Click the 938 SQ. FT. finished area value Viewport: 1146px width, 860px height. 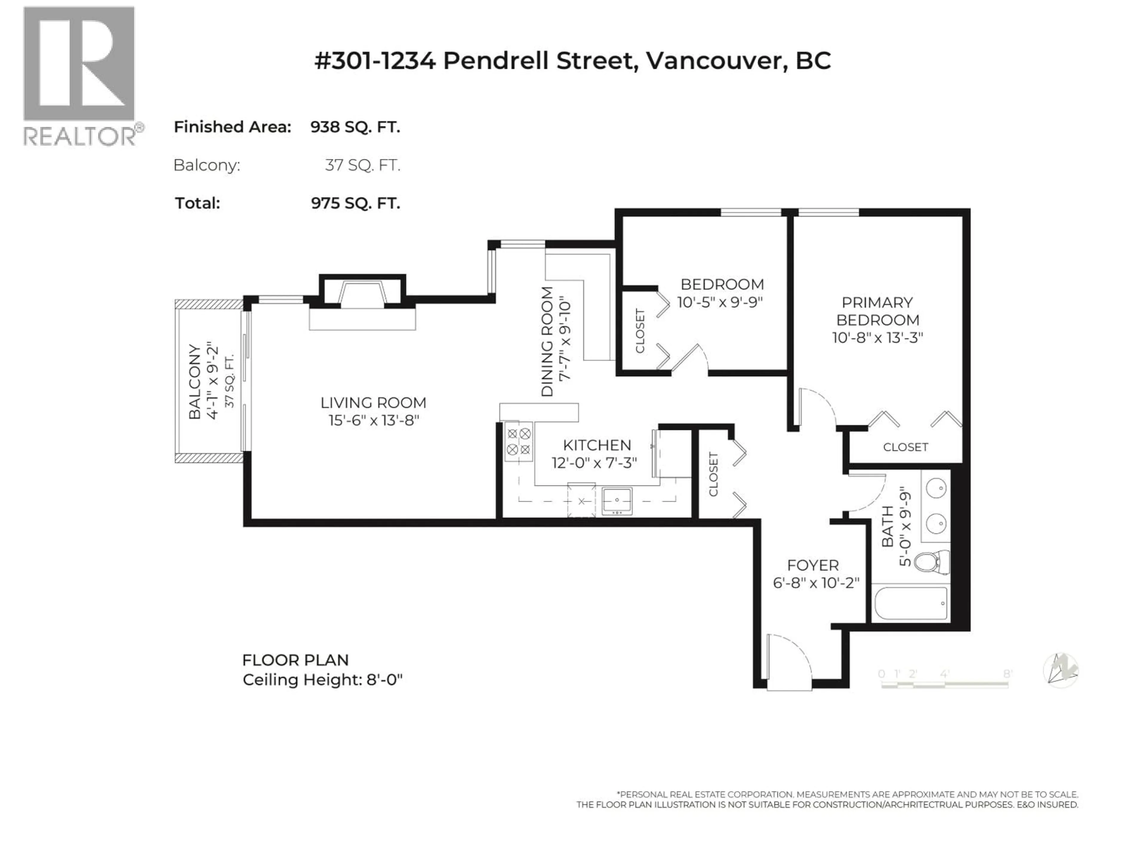pos(355,127)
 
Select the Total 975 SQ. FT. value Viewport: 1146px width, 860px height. pos(355,203)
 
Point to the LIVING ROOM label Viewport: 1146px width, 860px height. pos(373,403)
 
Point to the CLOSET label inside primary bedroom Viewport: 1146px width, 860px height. pos(905,447)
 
